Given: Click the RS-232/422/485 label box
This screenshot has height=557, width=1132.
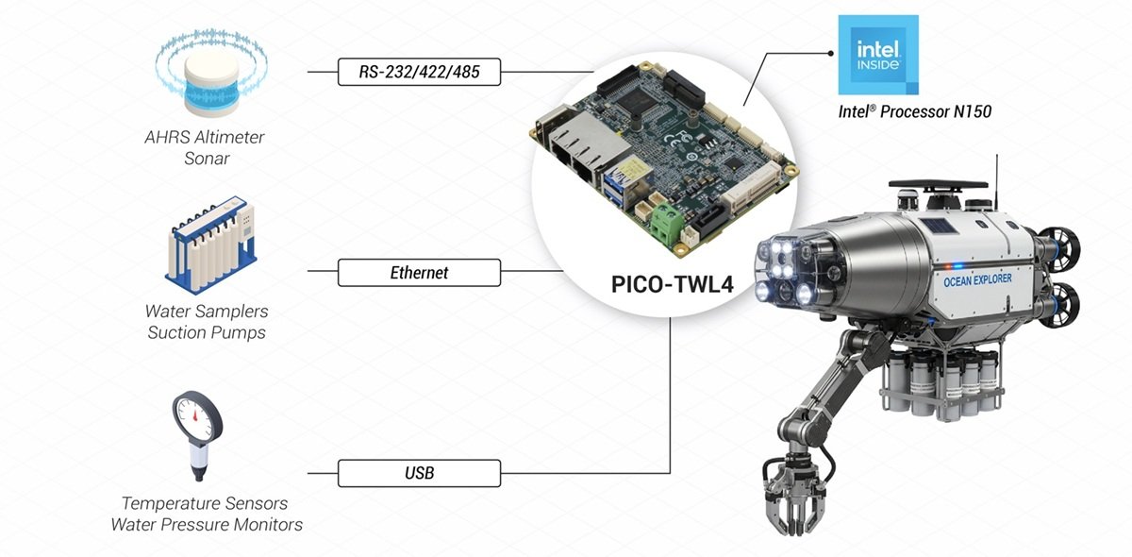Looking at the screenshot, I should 419,72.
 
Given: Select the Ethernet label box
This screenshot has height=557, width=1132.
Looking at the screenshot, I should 419,274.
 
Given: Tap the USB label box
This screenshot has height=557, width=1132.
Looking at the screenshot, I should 419,473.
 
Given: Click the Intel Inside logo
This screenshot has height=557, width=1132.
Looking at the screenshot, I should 877,54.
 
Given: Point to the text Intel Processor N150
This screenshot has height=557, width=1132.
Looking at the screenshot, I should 915,111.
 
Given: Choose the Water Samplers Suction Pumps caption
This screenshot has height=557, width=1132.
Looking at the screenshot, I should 207,321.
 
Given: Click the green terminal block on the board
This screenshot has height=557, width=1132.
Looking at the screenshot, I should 672,225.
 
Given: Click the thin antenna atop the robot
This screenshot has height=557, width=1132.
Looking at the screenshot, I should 996,177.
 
